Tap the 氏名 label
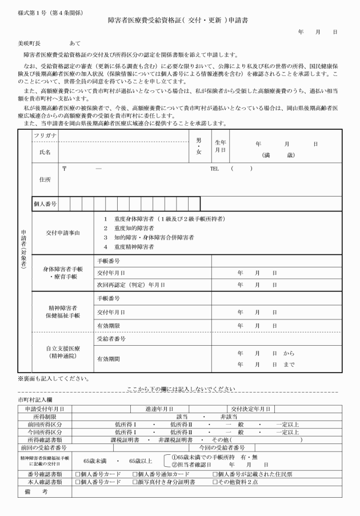tap(45, 152)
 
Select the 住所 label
tap(45, 179)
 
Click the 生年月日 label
tap(220, 146)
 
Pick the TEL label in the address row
tap(214, 169)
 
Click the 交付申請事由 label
tap(63, 233)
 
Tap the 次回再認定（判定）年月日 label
tap(131, 284)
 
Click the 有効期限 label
tap(108, 325)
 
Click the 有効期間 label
tap(108, 359)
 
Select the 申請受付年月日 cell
tap(44, 409)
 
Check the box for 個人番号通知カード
tap(135, 474)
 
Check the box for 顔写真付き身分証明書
tap(135, 482)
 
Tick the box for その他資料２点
tap(215, 482)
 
